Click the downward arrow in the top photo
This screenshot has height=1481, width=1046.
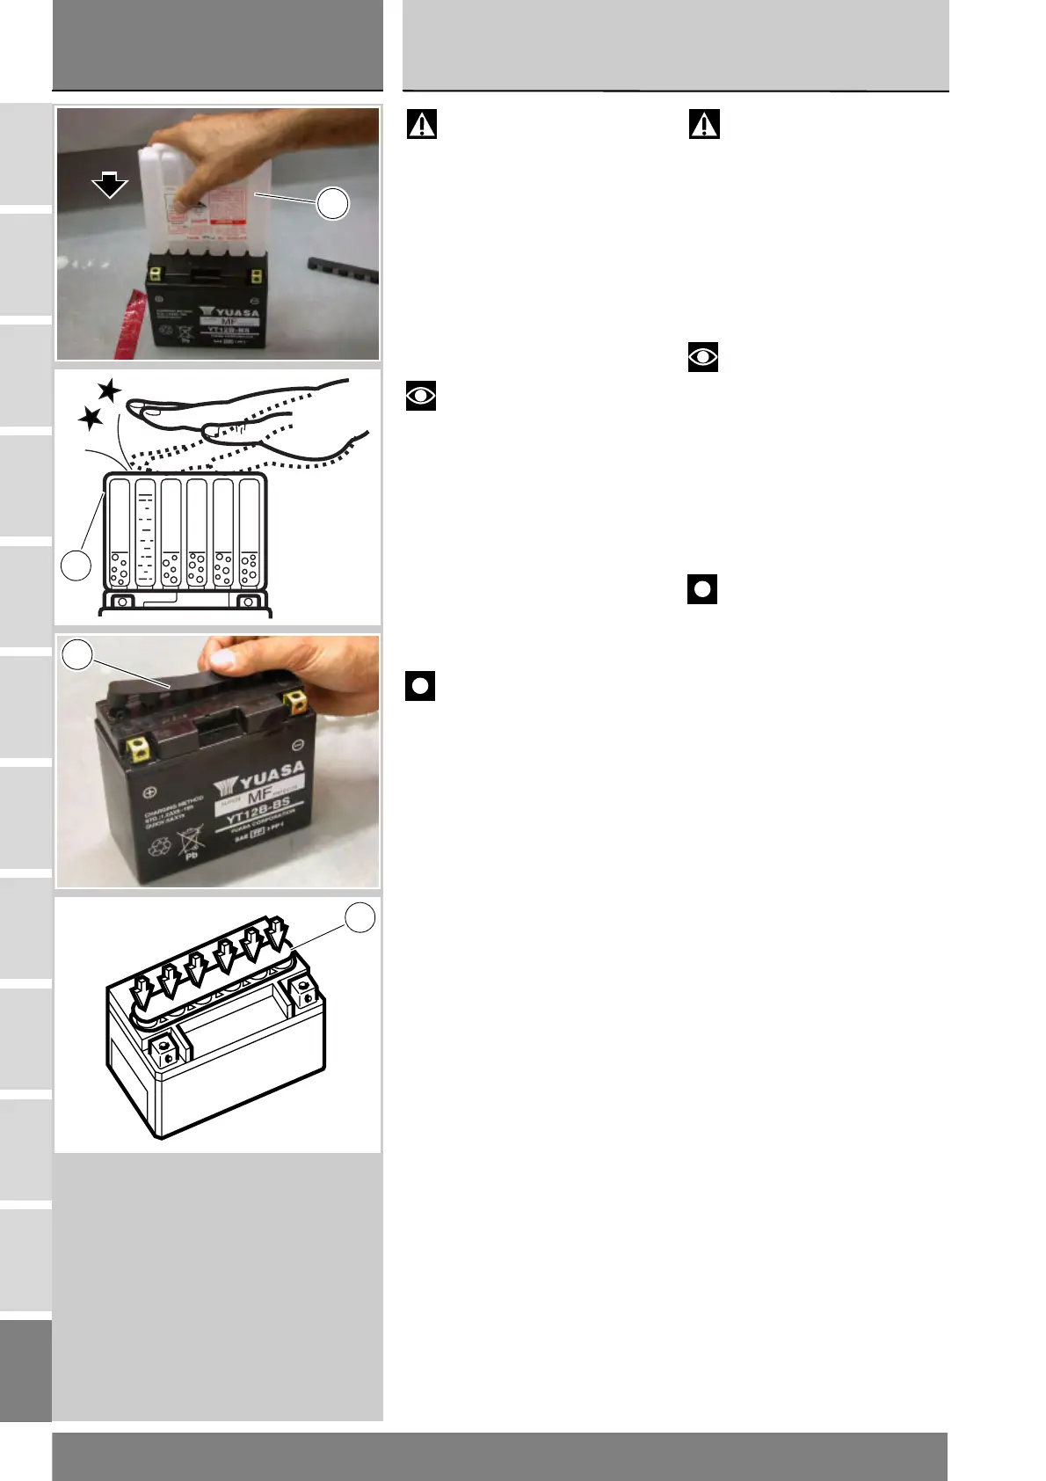(110, 185)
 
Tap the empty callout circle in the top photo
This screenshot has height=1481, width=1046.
(333, 204)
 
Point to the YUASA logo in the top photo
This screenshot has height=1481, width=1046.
(229, 312)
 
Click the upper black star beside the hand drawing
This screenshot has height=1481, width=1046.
(109, 390)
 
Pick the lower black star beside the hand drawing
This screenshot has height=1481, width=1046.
(91, 419)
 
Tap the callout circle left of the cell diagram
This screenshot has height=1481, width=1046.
(76, 565)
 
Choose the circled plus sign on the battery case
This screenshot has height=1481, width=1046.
(149, 792)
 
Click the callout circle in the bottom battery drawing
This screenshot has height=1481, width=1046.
(360, 917)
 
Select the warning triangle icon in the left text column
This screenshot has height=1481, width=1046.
(422, 124)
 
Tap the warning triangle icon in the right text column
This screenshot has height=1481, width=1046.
(704, 124)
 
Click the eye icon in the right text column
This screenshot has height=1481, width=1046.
(703, 357)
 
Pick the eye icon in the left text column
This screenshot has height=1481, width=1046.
(421, 396)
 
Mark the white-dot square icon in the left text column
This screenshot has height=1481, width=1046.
(420, 685)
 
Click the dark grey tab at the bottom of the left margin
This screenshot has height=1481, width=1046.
(25, 1370)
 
